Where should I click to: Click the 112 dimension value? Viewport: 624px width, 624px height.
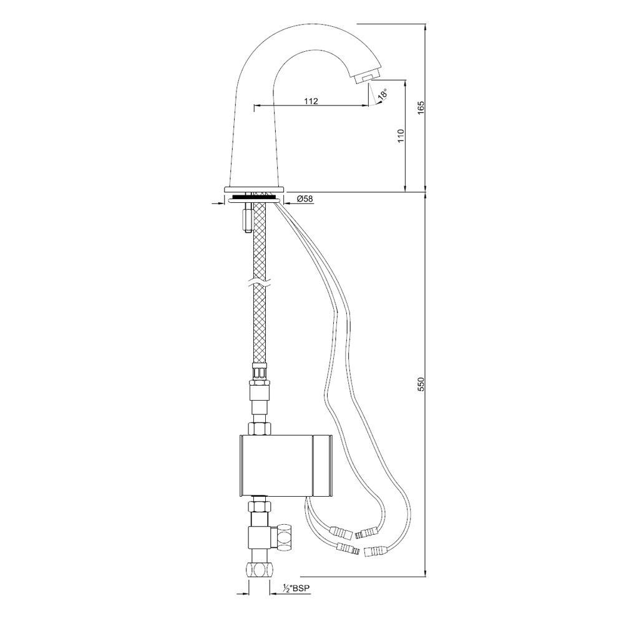pyautogui.click(x=311, y=101)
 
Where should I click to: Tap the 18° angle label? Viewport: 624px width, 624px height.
pyautogui.click(x=383, y=94)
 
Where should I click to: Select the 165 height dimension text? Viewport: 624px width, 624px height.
pyautogui.click(x=421, y=108)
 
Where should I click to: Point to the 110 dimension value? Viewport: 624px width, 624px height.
pyautogui.click(x=401, y=135)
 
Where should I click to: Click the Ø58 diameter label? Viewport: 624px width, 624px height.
pyautogui.click(x=305, y=198)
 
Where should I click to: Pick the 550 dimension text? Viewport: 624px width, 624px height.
pyautogui.click(x=421, y=384)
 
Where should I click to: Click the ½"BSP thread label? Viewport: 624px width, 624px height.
pyautogui.click(x=296, y=588)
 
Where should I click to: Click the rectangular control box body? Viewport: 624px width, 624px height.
pyautogui.click(x=277, y=466)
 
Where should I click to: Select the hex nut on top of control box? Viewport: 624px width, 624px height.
pyautogui.click(x=260, y=429)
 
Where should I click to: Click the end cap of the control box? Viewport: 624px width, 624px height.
pyautogui.click(x=323, y=466)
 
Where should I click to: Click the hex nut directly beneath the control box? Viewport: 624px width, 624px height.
pyautogui.click(x=260, y=507)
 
